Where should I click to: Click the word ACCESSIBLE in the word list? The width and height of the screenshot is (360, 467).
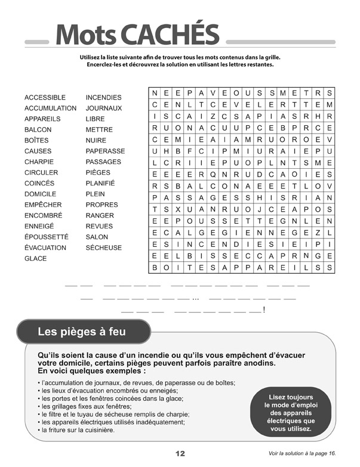45,97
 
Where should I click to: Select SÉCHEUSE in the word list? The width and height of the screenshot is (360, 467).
103,248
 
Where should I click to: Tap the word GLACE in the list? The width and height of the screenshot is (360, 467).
35,258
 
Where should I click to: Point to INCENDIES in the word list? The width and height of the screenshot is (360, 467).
103,97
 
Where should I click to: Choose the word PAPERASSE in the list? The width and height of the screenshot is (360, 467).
105,151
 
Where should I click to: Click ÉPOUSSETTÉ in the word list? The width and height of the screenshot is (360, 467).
46,237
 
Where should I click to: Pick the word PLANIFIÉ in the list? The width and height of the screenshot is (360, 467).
100,183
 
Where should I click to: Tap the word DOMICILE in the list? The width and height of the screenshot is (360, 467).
40,194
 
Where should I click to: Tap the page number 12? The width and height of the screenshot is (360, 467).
180,454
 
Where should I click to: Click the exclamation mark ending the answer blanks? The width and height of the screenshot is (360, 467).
264,310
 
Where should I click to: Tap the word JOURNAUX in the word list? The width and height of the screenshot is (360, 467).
103,108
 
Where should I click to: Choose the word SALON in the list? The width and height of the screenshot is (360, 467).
97,237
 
